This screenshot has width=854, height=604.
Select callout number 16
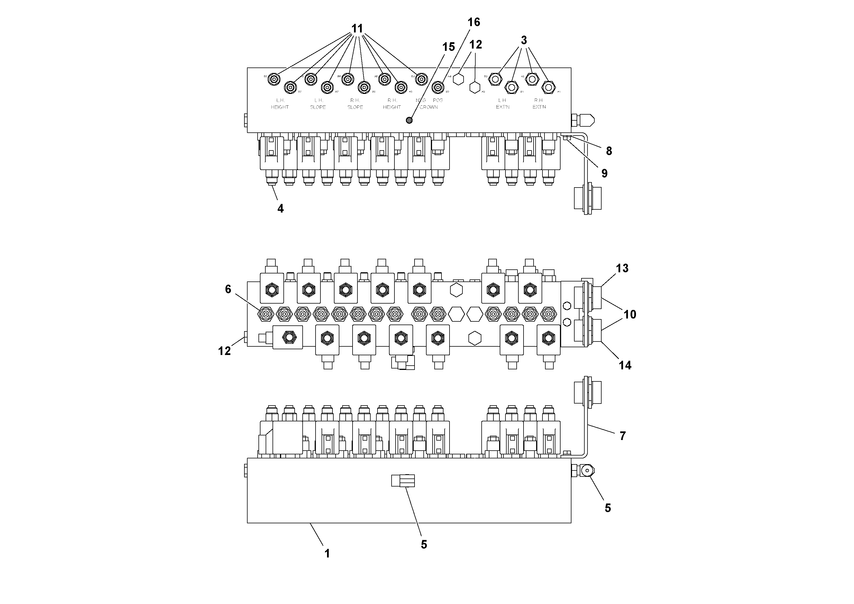click(474, 22)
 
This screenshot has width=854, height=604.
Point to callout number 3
click(524, 40)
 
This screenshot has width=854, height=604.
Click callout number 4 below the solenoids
click(281, 209)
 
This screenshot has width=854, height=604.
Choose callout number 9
click(604, 173)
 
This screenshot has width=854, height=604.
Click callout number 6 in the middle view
click(228, 289)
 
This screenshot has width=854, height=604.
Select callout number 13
click(622, 268)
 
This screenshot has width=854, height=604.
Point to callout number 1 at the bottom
click(327, 554)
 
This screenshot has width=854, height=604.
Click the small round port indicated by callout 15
click(409, 120)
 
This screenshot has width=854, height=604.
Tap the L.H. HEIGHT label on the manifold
click(280, 103)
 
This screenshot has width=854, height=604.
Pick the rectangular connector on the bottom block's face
click(403, 481)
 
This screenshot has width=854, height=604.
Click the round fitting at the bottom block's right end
click(587, 471)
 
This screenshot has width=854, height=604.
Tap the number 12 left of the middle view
click(224, 351)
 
